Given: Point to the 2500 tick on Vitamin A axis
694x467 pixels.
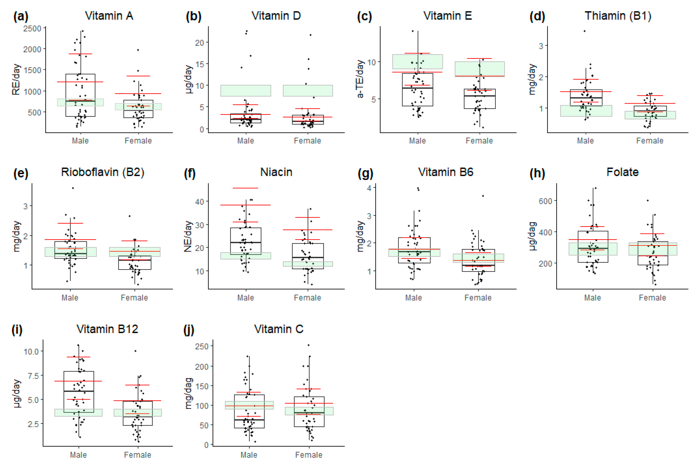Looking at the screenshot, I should [x=32, y=29].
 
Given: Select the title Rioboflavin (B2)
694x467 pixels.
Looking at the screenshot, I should [x=103, y=172].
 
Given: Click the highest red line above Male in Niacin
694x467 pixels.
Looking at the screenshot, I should [x=245, y=188].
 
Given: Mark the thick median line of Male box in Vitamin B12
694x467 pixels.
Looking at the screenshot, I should [x=79, y=391].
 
